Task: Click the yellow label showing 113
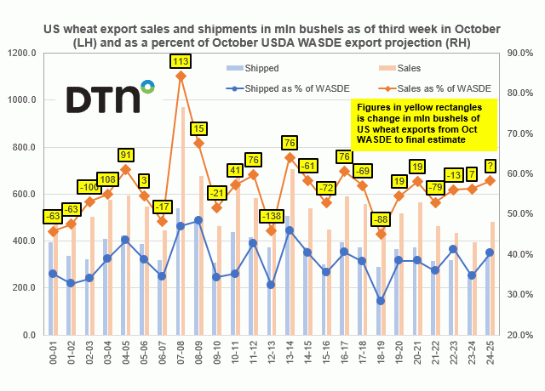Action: tap(181, 61)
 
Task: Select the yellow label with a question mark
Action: tap(490, 166)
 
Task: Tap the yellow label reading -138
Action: tap(271, 216)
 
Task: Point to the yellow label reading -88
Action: tap(381, 219)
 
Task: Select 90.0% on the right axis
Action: tap(522, 53)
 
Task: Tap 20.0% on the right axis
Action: tap(522, 335)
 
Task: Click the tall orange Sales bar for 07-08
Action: tap(184, 221)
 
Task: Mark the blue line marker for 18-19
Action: tap(381, 301)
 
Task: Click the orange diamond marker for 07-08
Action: tap(181, 76)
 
